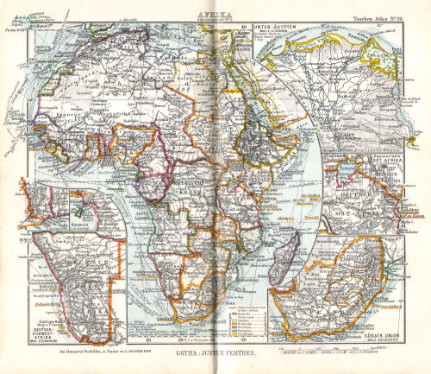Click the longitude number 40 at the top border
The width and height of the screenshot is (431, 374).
[244, 25]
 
